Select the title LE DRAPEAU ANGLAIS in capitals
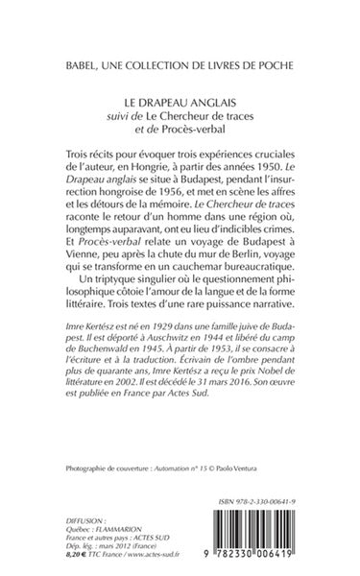pos(180,99)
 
